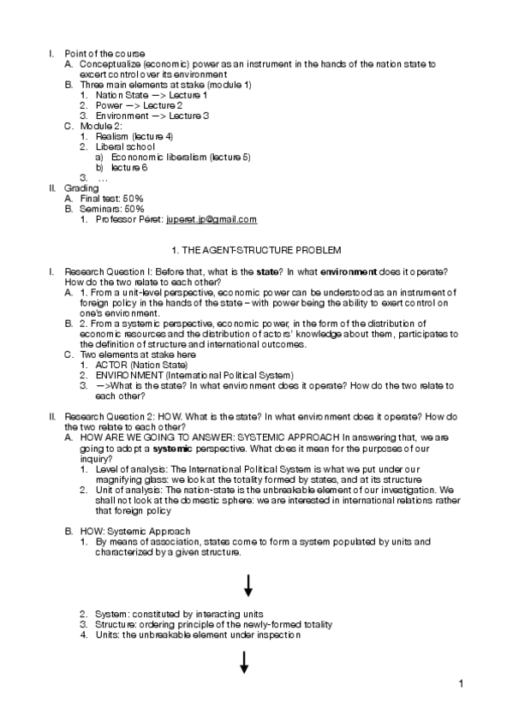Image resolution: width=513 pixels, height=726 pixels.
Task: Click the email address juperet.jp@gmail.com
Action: tap(212, 220)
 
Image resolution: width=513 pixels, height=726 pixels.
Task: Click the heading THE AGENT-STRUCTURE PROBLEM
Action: tap(256, 250)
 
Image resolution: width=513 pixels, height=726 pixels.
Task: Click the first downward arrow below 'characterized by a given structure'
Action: tap(248, 586)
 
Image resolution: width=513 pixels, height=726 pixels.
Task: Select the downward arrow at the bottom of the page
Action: tap(244, 662)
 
